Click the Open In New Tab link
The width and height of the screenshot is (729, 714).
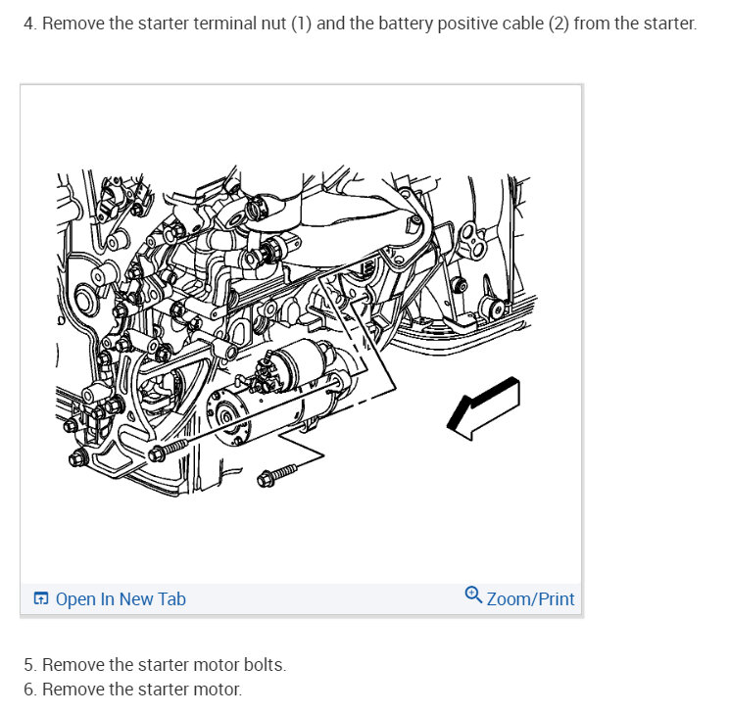click(x=121, y=599)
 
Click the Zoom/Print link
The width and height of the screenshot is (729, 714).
click(x=530, y=599)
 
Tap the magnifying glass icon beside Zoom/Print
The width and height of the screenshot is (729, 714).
click(x=473, y=595)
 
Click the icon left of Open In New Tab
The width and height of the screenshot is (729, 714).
click(x=41, y=598)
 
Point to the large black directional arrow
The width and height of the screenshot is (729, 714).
click(x=483, y=408)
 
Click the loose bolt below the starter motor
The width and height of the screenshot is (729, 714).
click(x=276, y=475)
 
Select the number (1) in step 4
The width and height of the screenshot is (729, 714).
click(x=301, y=24)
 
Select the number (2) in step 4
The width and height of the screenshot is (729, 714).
click(x=559, y=24)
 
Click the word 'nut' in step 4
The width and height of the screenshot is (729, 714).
click(x=273, y=24)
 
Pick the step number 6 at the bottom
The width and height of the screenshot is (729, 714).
click(x=29, y=690)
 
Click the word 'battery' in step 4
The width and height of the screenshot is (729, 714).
click(x=406, y=24)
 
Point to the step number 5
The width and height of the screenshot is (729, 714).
click(x=29, y=665)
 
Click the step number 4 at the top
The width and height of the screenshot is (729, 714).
click(x=29, y=24)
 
